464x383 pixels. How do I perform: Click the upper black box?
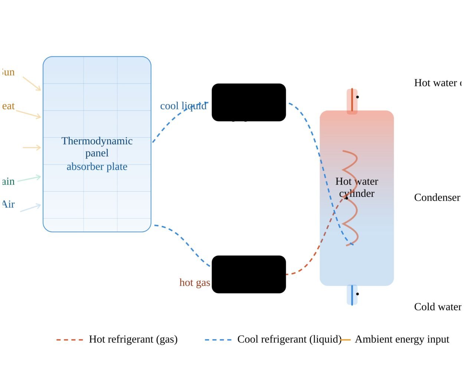(x=249, y=102)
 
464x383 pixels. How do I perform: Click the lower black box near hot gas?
(x=249, y=274)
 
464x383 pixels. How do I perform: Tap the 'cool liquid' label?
(x=183, y=106)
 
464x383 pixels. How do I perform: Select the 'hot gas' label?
(x=195, y=283)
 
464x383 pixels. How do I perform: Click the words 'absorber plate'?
(x=97, y=167)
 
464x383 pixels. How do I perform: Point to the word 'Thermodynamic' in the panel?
(x=97, y=141)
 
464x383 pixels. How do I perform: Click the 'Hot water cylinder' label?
(x=357, y=187)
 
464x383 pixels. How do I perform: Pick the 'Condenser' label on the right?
(x=437, y=197)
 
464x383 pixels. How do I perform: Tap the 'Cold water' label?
(x=437, y=307)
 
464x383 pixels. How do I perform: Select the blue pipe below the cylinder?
(x=352, y=295)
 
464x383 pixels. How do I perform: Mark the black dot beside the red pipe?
(x=357, y=97)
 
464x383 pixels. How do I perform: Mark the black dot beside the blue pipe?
(x=357, y=294)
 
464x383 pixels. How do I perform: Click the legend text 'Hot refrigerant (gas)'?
(x=133, y=339)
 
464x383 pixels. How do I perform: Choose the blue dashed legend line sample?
(x=218, y=340)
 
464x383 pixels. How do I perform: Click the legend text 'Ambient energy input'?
(x=402, y=339)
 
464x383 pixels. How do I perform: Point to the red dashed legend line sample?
(x=69, y=340)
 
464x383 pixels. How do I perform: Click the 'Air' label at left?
(x=8, y=204)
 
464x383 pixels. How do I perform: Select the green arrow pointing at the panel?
(x=29, y=179)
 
